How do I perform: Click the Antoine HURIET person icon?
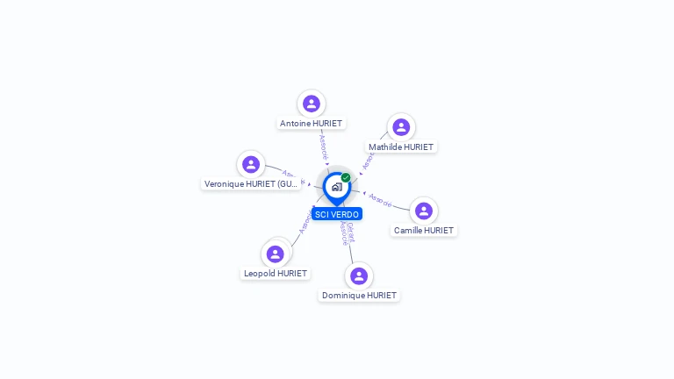[311, 104]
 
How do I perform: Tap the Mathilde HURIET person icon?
[401, 127]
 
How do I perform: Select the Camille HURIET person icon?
[424, 211]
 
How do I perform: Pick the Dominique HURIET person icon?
[359, 275]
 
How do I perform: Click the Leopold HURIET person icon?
[276, 254]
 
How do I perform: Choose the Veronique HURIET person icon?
[251, 164]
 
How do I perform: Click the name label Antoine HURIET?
[311, 124]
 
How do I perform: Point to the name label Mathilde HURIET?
[401, 147]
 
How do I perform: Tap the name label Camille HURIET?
[424, 231]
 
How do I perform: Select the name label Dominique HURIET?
[359, 296]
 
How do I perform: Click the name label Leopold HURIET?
[276, 274]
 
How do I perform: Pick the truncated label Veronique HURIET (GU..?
[252, 184]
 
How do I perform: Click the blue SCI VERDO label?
[337, 214]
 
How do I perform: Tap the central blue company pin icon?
[336, 187]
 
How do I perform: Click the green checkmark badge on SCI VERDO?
[346, 177]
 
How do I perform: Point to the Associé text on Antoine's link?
[323, 146]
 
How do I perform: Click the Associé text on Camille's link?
[380, 200]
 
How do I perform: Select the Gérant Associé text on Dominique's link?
[348, 232]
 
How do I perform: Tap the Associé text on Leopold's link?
[305, 223]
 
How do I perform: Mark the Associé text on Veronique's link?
[293, 176]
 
